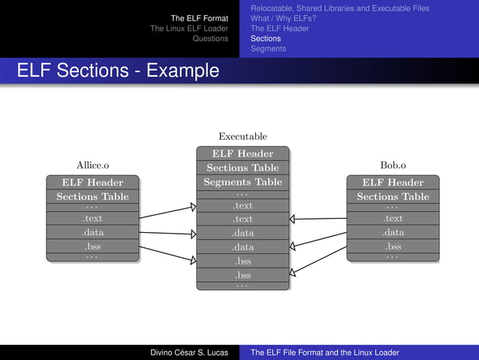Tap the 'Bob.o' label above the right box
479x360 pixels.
(x=393, y=165)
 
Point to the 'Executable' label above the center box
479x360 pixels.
(x=243, y=136)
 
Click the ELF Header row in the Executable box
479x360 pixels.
(x=243, y=154)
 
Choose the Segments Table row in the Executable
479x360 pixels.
(x=243, y=182)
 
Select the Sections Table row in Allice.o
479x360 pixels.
(x=92, y=196)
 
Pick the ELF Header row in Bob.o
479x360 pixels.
(x=393, y=182)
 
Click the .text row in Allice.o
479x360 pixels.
(x=92, y=219)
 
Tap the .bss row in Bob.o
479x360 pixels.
(x=393, y=247)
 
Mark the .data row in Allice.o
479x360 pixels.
(x=92, y=232)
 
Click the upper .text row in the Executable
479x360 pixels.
(x=243, y=205)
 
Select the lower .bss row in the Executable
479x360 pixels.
(x=243, y=275)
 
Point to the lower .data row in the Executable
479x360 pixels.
(x=243, y=247)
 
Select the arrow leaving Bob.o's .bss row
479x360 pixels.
(x=318, y=260)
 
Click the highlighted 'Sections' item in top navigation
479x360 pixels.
(x=265, y=38)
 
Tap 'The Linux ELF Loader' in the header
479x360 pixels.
(x=188, y=29)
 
